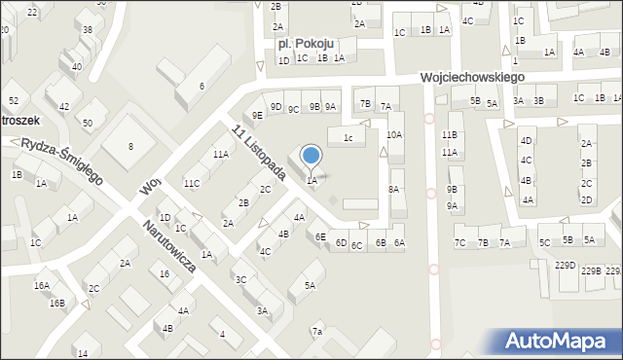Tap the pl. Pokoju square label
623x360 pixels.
[306, 44]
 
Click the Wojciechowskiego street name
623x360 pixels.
[473, 77]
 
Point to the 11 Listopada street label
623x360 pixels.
[258, 151]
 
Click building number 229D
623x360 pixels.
[565, 265]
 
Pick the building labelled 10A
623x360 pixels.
[394, 134]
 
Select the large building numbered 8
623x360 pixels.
[130, 146]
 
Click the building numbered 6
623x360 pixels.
[202, 86]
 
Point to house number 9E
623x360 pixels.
[257, 115]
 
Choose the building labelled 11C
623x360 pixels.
[192, 183]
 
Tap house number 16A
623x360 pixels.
[41, 285]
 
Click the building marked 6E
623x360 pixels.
[320, 236]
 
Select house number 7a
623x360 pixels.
[317, 332]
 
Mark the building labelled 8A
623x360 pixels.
[394, 189]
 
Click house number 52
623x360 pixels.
[14, 101]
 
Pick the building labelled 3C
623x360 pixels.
[240, 279]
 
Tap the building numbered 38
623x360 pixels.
[87, 30]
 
